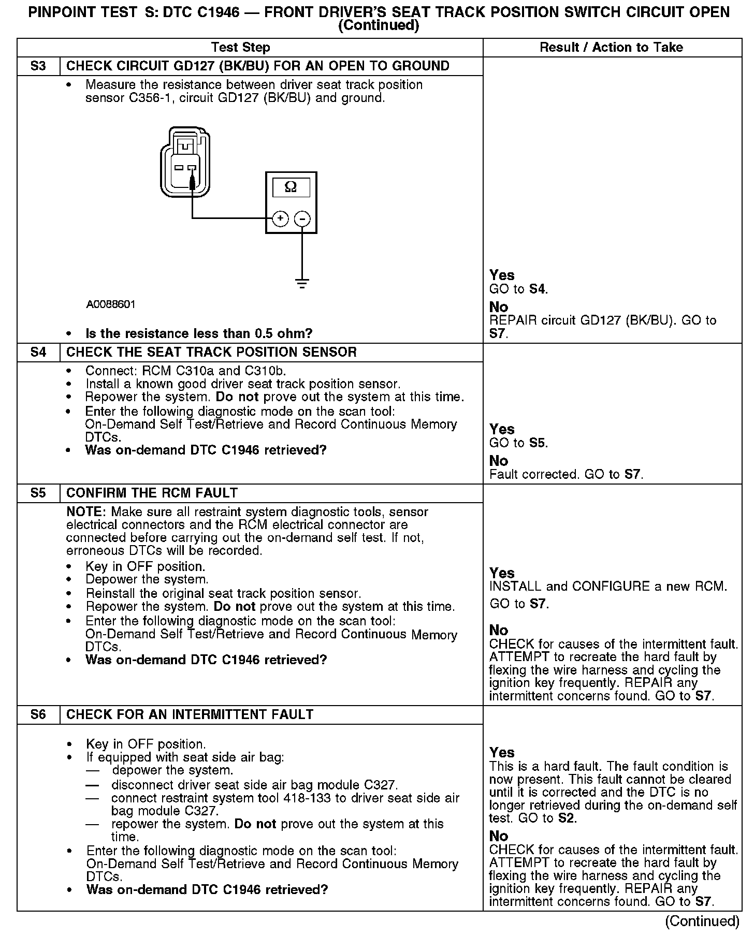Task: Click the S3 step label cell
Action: pos(38,66)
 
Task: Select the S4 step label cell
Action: pos(38,353)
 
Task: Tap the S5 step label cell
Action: pos(38,493)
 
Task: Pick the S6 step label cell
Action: pos(38,715)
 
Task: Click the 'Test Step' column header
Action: pos(241,48)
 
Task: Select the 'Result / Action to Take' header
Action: pos(611,48)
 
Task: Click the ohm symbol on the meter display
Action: pos(291,187)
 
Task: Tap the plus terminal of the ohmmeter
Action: pos(280,219)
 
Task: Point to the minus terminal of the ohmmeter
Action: pos(302,219)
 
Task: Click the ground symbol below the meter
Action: pos(302,283)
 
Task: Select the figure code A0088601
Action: pos(111,304)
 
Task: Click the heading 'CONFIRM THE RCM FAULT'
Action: pos(152,493)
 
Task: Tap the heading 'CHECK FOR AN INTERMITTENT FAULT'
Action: pos(190,715)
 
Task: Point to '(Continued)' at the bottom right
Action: pos(702,921)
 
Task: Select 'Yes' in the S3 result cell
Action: pos(502,275)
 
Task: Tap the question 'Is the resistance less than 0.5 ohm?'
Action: pos(199,334)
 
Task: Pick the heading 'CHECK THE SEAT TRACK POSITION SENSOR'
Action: pos(212,353)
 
